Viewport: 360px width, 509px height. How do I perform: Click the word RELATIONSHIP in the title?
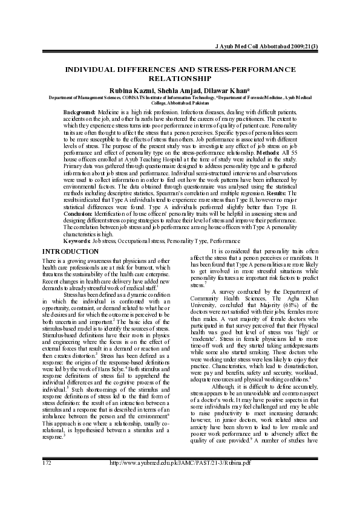[180, 79]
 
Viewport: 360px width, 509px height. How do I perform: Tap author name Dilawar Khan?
[225, 89]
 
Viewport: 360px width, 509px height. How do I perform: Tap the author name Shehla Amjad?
[181, 89]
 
